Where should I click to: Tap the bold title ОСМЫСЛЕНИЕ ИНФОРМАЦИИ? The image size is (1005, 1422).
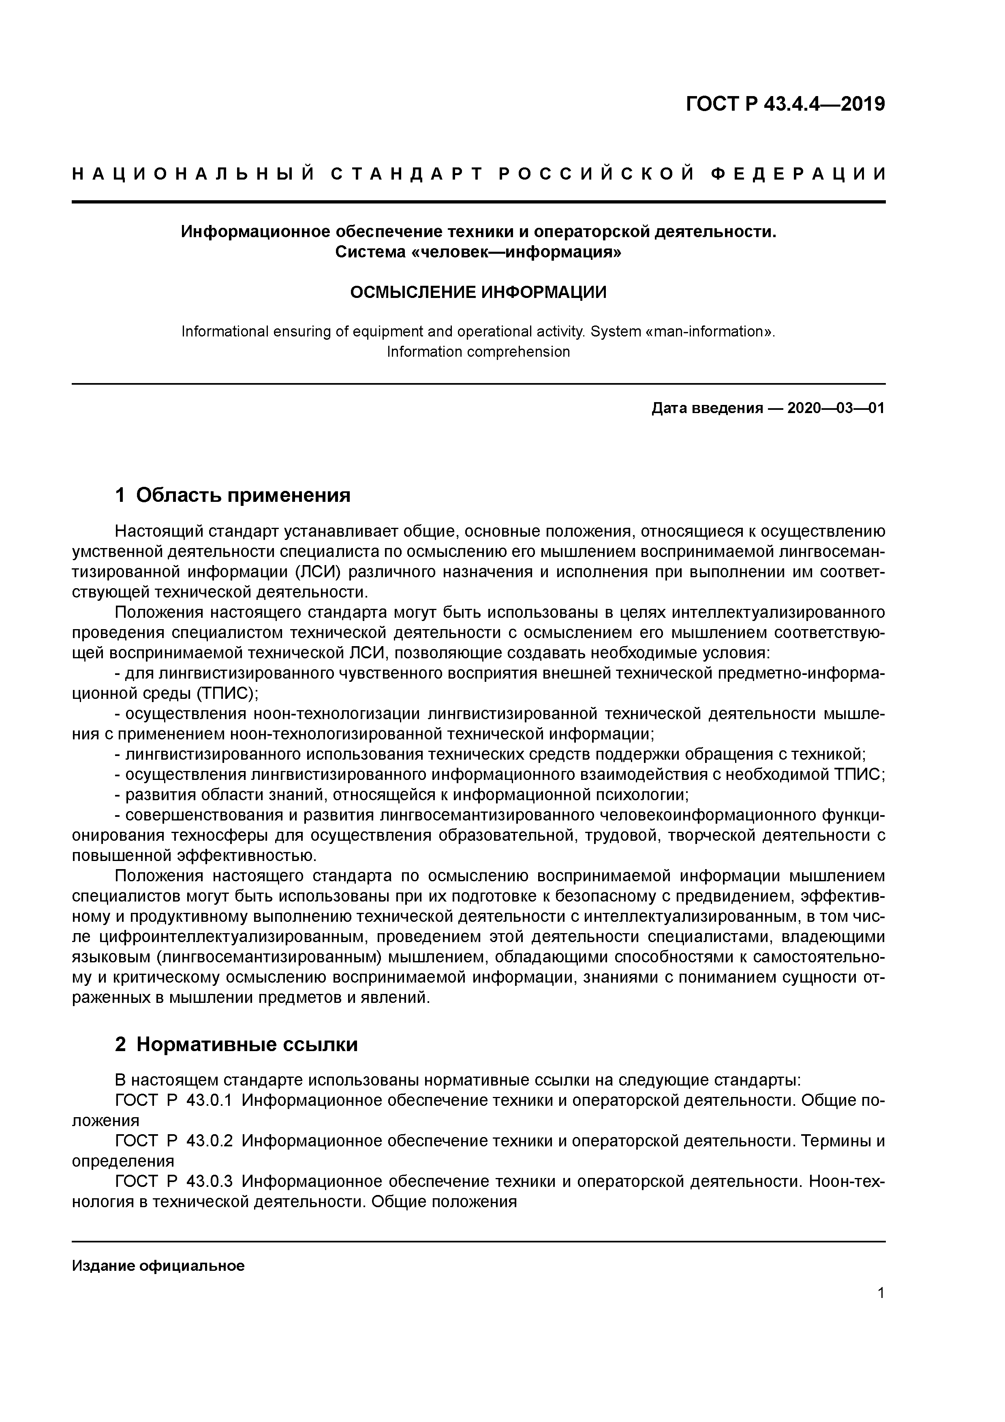(478, 292)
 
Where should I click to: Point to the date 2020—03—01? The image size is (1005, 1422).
(836, 409)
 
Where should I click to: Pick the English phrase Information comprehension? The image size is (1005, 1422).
(478, 352)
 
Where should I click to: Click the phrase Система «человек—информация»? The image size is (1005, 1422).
(478, 253)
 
